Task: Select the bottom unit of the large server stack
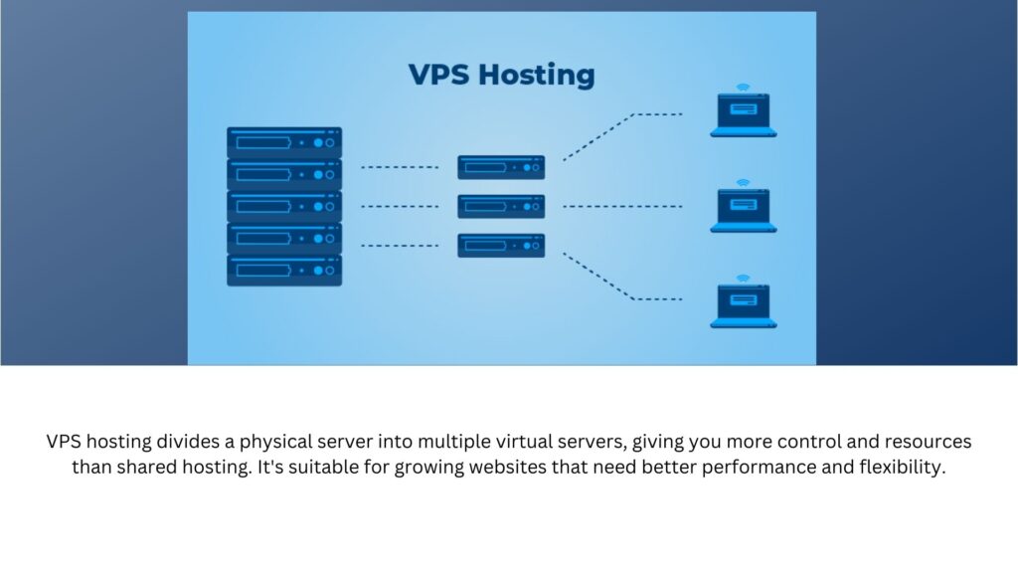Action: pyautogui.click(x=284, y=271)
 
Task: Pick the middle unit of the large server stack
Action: pyautogui.click(x=284, y=206)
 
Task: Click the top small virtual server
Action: pyautogui.click(x=501, y=167)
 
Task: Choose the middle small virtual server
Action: pyautogui.click(x=501, y=206)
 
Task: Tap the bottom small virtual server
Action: pyautogui.click(x=501, y=245)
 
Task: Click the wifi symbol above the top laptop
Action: pyautogui.click(x=743, y=87)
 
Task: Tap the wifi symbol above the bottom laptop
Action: pyautogui.click(x=743, y=278)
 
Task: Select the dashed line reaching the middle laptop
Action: pyautogui.click(x=622, y=207)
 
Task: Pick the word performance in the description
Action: pyautogui.click(x=758, y=468)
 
